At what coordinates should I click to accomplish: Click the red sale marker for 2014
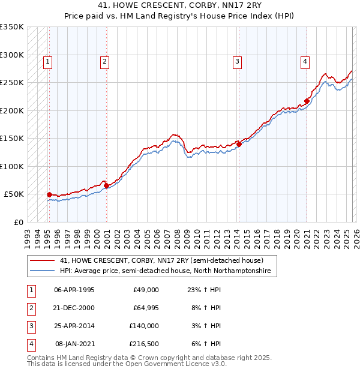pyautogui.click(x=239, y=144)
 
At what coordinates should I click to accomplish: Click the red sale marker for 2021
pyautogui.click(x=307, y=101)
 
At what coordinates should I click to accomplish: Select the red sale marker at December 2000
pyautogui.click(x=106, y=186)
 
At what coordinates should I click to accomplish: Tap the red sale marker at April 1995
pyautogui.click(x=49, y=194)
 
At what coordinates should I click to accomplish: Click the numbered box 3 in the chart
pyautogui.click(x=237, y=61)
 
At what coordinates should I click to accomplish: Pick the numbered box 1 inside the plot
pyautogui.click(x=47, y=61)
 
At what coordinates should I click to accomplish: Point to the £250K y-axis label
pyautogui.click(x=12, y=83)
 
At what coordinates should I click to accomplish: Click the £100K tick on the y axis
pyautogui.click(x=12, y=166)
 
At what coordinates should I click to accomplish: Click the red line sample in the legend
pyautogui.click(x=43, y=261)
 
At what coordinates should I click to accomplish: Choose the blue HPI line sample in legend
pyautogui.click(x=43, y=271)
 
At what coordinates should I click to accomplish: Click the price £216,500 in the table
pyautogui.click(x=144, y=344)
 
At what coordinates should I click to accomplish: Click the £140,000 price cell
pyautogui.click(x=144, y=326)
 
